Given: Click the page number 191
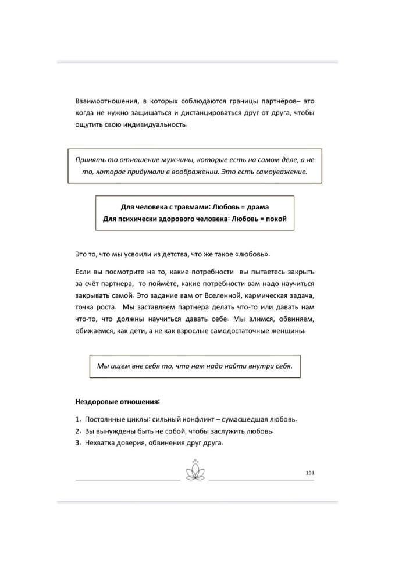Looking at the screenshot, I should (309, 473).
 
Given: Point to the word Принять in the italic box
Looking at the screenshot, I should (90, 160).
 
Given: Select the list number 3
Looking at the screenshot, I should (77, 443).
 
